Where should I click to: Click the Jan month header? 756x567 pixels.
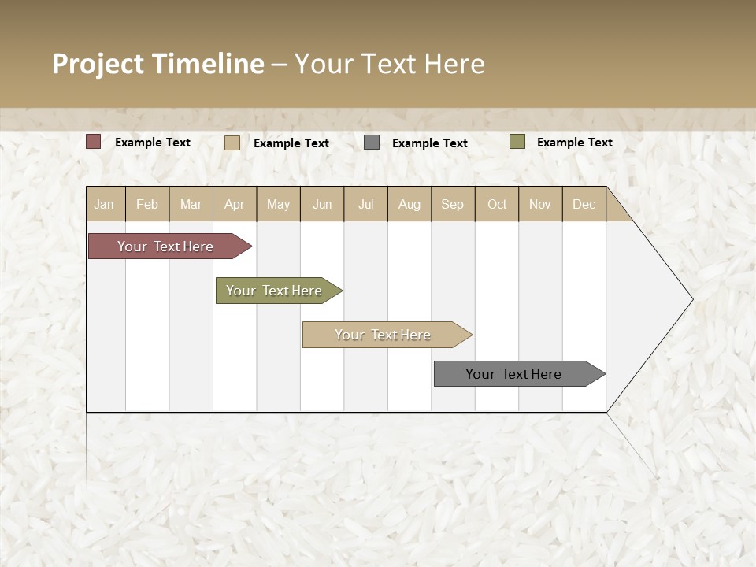tap(104, 204)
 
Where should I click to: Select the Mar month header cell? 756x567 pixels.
tap(191, 204)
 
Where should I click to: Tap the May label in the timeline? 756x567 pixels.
tap(278, 204)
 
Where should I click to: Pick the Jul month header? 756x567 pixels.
tap(365, 204)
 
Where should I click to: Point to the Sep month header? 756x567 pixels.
tap(452, 204)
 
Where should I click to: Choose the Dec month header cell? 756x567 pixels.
tap(584, 204)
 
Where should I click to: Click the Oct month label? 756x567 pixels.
tap(497, 204)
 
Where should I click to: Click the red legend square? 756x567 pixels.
tap(94, 142)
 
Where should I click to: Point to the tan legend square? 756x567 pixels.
tap(232, 143)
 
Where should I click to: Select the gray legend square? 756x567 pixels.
tap(372, 142)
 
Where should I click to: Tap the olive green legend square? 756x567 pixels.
tap(517, 142)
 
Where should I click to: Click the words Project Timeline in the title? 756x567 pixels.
tap(158, 64)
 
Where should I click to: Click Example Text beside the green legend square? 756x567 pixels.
tap(574, 143)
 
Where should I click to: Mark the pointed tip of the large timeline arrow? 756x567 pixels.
tap(691, 299)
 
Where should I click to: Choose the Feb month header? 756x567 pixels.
tap(147, 204)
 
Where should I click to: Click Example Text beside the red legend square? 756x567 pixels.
tap(153, 143)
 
